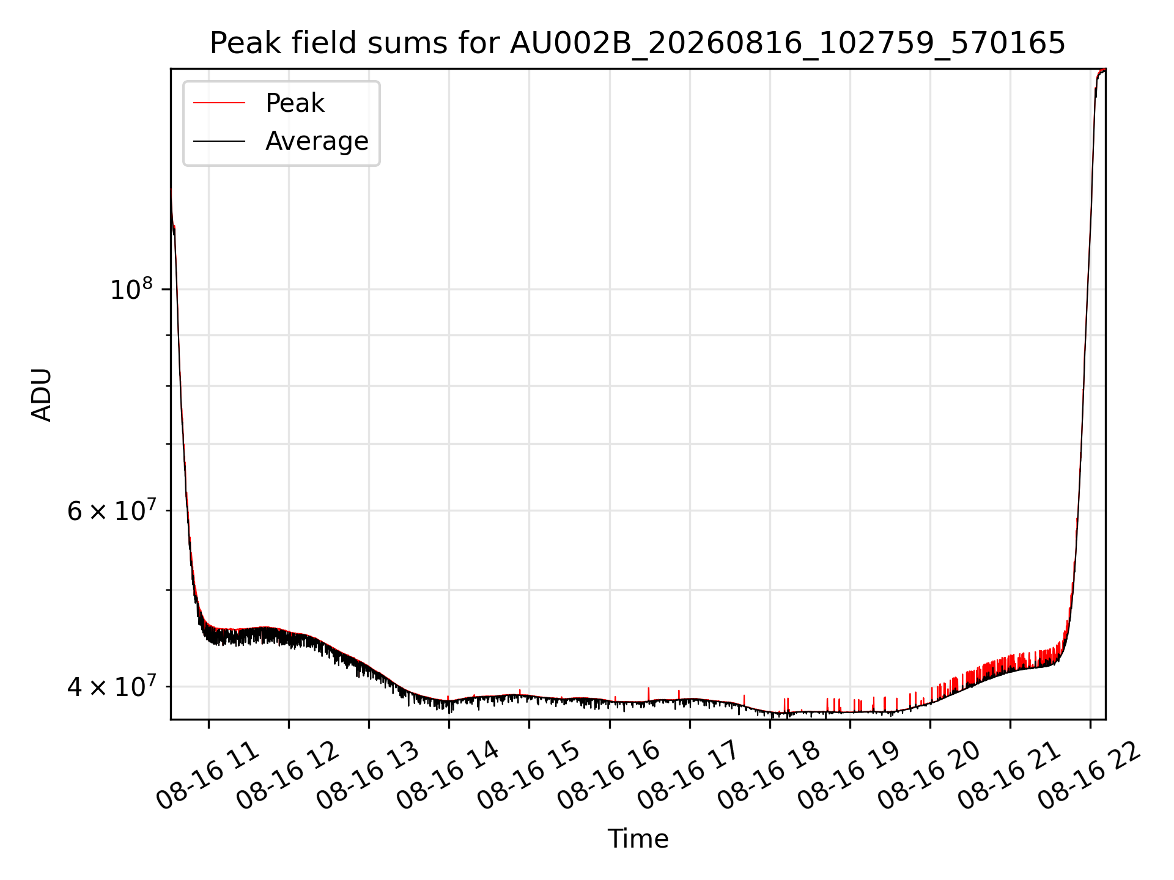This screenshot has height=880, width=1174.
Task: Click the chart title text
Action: (x=638, y=43)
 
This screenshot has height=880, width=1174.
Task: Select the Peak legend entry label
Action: (x=295, y=103)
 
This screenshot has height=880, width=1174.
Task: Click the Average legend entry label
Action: (x=317, y=141)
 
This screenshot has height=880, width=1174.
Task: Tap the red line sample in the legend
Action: (x=219, y=103)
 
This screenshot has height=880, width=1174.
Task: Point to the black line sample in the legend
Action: (x=219, y=141)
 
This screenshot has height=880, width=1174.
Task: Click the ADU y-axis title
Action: (x=42, y=394)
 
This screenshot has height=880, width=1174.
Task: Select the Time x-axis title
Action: (x=638, y=839)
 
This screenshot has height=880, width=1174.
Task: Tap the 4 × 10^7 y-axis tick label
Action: (x=111, y=686)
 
